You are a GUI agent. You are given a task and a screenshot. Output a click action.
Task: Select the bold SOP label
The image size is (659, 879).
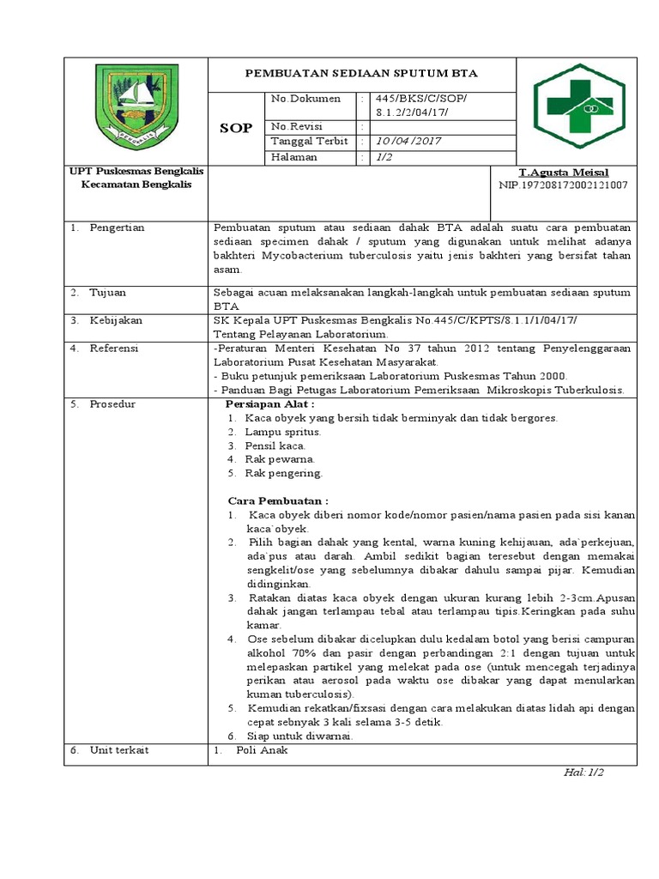point(236,128)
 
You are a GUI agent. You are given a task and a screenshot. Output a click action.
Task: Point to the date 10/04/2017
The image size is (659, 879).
point(408,142)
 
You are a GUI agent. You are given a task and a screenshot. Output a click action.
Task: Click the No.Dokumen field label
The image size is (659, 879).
point(305,99)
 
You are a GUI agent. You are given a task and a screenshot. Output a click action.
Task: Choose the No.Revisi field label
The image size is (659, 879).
point(298,126)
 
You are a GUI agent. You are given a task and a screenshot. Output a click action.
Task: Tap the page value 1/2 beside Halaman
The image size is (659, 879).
point(382,157)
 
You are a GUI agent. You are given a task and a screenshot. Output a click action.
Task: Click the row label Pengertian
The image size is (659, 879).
point(117,227)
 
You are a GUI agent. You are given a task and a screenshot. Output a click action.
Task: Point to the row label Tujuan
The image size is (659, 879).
point(108,293)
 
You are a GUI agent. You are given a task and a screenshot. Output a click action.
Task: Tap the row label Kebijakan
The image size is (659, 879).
point(116,320)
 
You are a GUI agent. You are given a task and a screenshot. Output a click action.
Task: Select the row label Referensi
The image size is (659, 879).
point(114,349)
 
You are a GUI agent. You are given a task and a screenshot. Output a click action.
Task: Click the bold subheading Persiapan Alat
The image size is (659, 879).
point(269,403)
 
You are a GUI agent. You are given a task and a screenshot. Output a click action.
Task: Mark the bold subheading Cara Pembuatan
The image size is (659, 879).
point(277,500)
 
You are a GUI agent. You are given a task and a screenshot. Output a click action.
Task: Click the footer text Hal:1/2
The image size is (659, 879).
point(583,773)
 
